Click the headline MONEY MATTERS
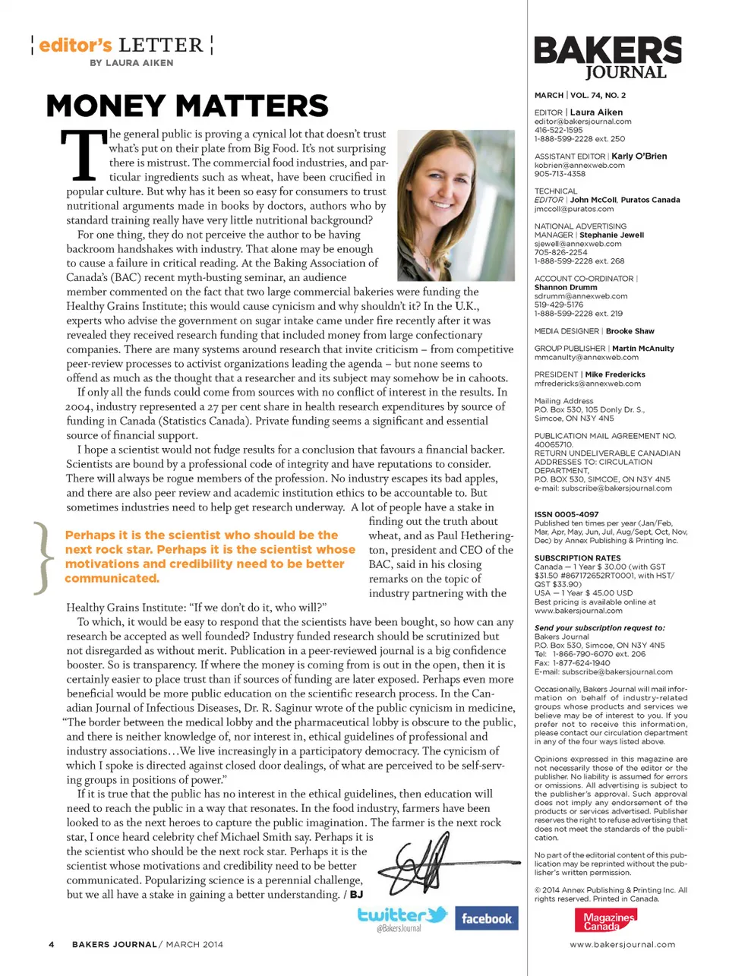pos(188,106)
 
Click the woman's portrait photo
pos(456,204)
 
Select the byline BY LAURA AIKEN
pos(131,63)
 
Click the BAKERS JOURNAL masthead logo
pos(607,58)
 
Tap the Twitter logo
pos(402,916)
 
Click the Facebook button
pos(486,918)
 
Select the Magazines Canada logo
pos(605,921)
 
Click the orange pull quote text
pos(210,557)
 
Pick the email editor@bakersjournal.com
pos(582,122)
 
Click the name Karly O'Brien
pos(639,156)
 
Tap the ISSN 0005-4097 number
pos(566,514)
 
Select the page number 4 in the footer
pos(51,944)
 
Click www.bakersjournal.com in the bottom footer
pos(622,945)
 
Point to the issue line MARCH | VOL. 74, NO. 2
pos(580,96)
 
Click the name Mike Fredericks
pos(615,374)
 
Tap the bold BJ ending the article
pos(356,895)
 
